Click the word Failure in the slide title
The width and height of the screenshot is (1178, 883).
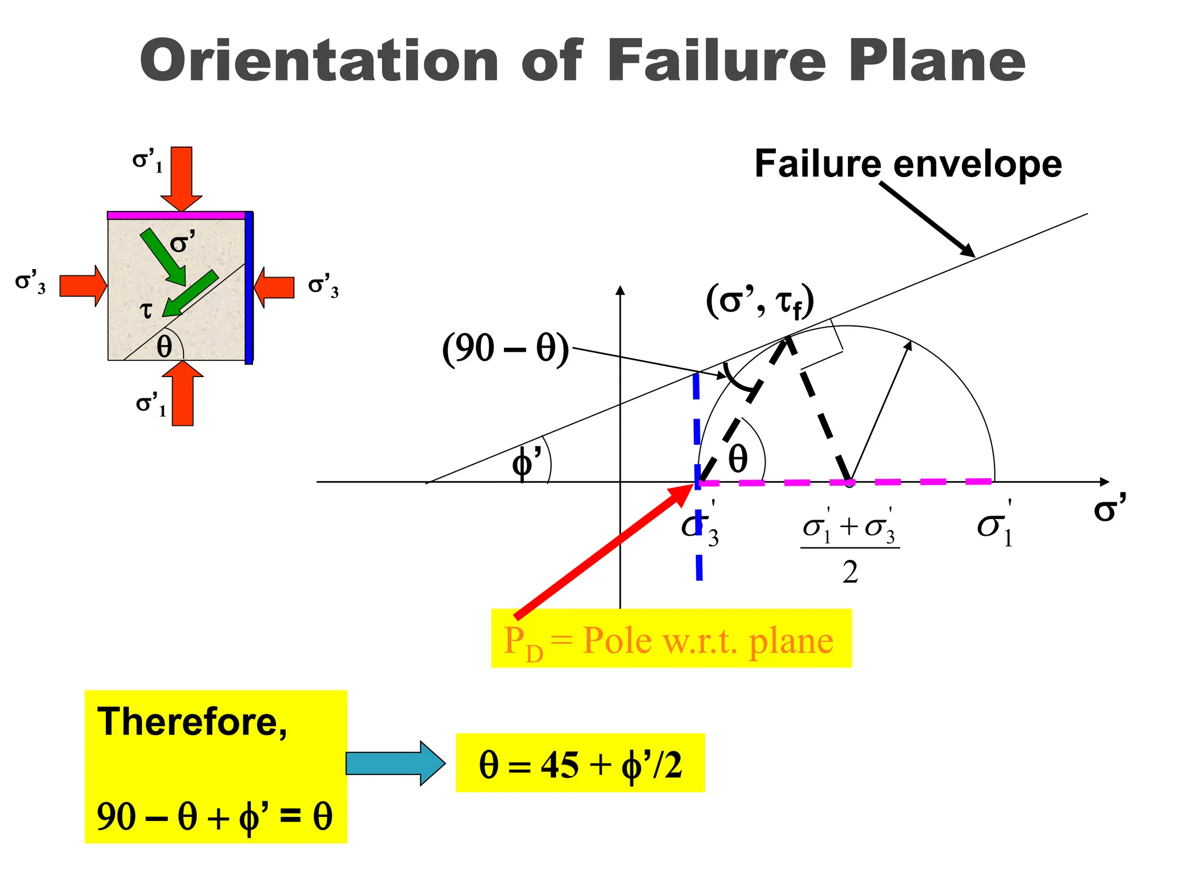[716, 60]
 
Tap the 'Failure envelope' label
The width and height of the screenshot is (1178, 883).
[908, 164]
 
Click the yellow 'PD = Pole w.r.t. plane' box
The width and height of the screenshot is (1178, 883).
[671, 639]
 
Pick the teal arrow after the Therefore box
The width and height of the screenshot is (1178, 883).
[395, 763]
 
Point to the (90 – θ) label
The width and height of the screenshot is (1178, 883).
[505, 348]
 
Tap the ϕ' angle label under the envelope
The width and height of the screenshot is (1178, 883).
[526, 463]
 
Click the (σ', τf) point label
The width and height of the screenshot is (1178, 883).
[759, 301]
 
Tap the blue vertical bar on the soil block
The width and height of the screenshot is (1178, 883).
[249, 287]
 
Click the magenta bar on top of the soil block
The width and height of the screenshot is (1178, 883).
[177, 216]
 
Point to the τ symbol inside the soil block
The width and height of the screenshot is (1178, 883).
[147, 310]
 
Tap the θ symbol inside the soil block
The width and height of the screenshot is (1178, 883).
[165, 347]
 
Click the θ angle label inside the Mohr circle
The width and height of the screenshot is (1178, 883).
[738, 459]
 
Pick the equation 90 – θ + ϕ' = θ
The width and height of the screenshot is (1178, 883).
[215, 816]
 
